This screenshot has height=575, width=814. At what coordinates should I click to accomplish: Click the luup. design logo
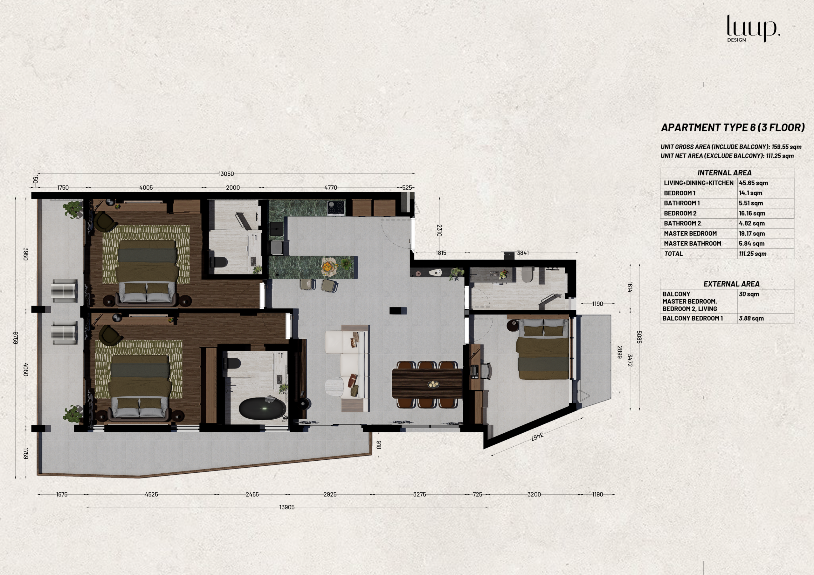(753, 28)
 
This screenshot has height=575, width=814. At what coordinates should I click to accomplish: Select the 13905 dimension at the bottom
(287, 507)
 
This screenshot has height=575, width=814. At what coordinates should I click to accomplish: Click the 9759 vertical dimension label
(16, 338)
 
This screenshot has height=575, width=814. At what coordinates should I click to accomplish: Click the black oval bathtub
(262, 409)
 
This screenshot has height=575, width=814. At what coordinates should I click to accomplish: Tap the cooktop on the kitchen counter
(336, 208)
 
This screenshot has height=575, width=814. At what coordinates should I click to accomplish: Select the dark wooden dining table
(427, 384)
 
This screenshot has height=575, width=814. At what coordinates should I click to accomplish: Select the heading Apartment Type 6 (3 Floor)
(733, 127)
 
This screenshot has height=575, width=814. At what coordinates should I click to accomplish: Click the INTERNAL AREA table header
(724, 173)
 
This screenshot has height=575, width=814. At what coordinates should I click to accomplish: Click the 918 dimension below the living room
(379, 445)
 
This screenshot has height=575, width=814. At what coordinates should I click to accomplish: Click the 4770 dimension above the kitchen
(331, 188)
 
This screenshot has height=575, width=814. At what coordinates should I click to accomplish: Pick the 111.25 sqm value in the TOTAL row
(753, 254)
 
